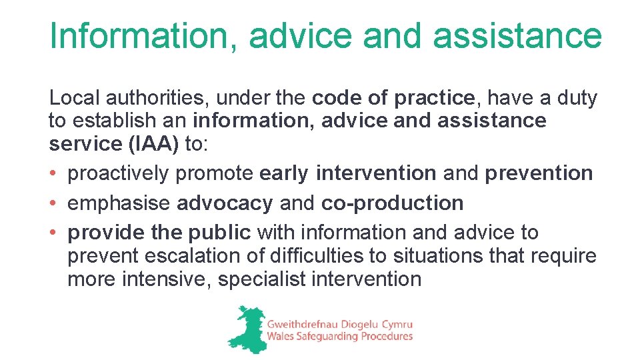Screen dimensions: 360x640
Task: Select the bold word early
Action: (x=284, y=173)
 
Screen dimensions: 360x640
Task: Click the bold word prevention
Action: (x=539, y=173)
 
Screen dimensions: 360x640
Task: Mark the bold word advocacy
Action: (x=225, y=203)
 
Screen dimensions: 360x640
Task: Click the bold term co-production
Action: (x=392, y=203)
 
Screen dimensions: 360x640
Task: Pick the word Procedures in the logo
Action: (x=387, y=337)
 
